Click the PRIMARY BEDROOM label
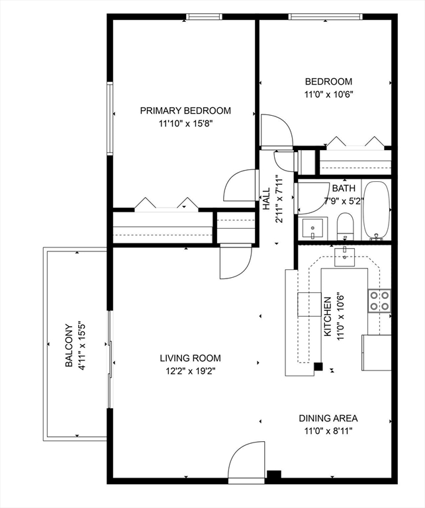click(185, 111)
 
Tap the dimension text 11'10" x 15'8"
click(186, 124)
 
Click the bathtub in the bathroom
click(376, 210)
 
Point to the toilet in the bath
click(345, 226)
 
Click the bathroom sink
click(312, 229)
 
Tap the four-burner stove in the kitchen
click(379, 301)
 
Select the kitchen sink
click(345, 257)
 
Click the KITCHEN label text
click(328, 317)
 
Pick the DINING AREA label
click(328, 418)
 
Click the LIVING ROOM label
click(190, 358)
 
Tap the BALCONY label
click(69, 346)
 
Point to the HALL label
click(266, 198)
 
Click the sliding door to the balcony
click(110, 360)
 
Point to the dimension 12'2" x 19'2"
click(191, 371)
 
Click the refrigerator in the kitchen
click(377, 353)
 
